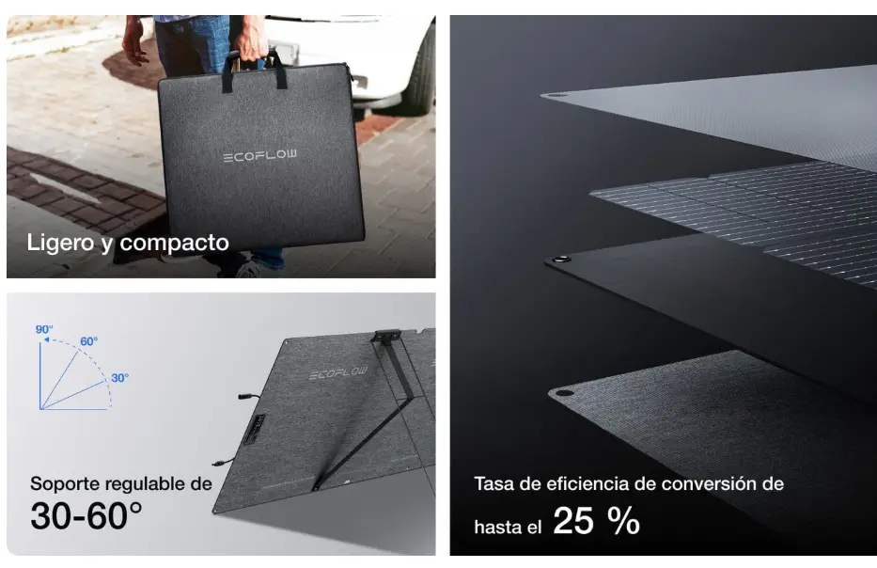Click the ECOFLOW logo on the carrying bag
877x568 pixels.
(x=259, y=155)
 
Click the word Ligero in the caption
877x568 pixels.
(x=60, y=243)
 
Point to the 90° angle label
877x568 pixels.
(x=44, y=329)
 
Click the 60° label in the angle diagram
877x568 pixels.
(x=88, y=341)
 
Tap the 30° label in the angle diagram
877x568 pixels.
(x=119, y=378)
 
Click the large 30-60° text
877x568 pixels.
(x=86, y=516)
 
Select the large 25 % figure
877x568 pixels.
(x=596, y=520)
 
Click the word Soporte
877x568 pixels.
(x=66, y=484)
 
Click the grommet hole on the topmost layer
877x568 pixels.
(x=554, y=94)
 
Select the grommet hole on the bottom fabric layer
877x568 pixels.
(x=563, y=392)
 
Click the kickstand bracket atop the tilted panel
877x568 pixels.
(x=387, y=335)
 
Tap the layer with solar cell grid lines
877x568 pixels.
(x=743, y=212)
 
